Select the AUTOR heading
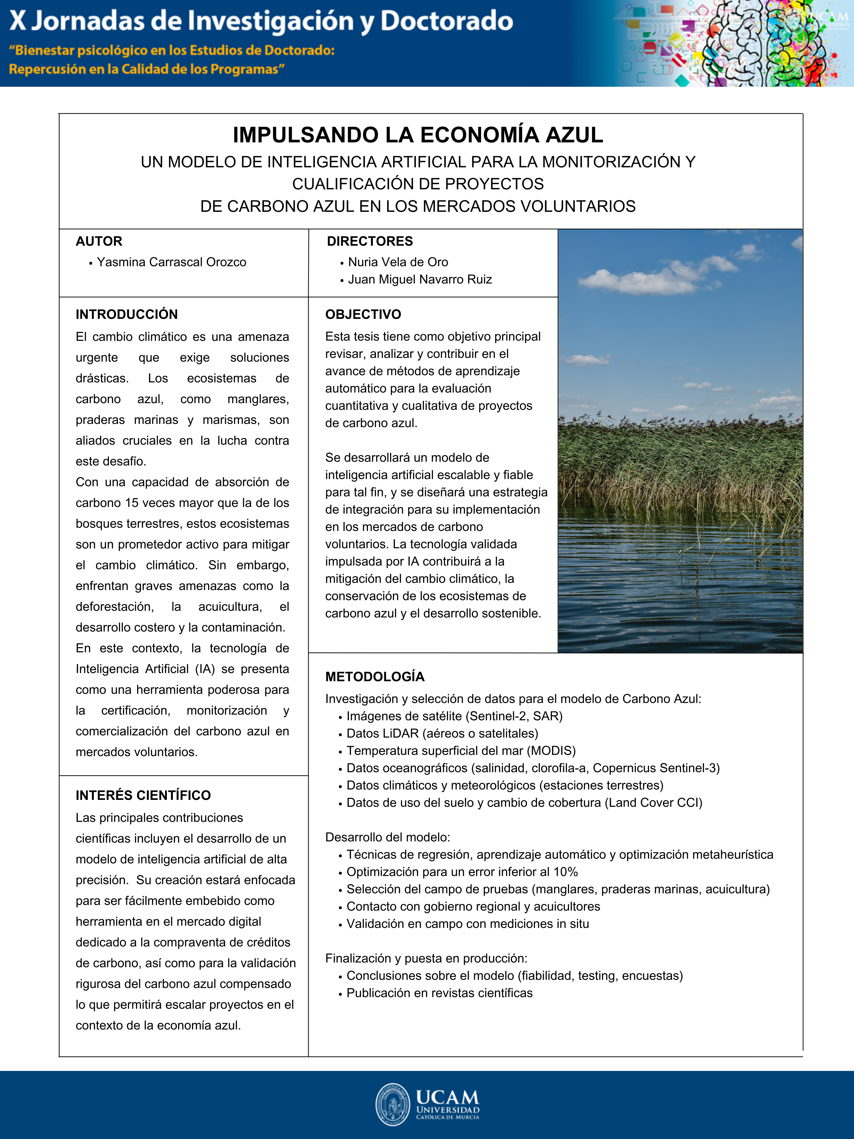coord(99,241)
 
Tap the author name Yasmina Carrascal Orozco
coord(171,262)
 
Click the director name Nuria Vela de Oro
coord(398,262)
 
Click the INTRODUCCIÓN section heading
coord(127,314)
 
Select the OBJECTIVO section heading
coord(363,314)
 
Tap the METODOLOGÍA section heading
coord(375,677)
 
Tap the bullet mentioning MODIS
coord(461,751)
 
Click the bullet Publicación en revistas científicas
coord(439,993)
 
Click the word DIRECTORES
coord(370,241)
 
